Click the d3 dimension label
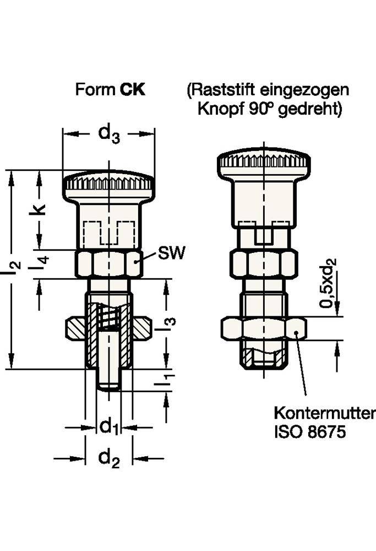108,134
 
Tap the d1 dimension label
108,426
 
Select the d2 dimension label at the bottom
108,458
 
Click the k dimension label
39,210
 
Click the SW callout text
171,253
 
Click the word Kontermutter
324,413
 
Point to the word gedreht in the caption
310,109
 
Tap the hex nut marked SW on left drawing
108,264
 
